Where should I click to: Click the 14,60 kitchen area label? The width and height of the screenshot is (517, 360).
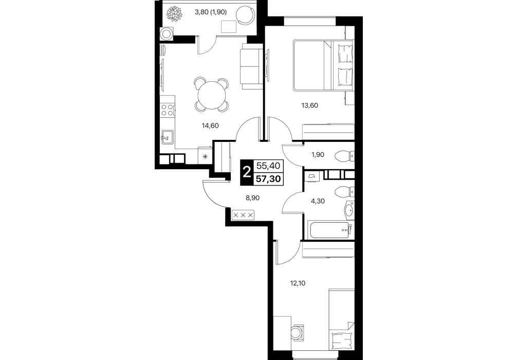point(210,125)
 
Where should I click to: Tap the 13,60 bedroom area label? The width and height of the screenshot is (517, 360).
point(309,105)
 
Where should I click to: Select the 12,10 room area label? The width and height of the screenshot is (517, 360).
point(298,283)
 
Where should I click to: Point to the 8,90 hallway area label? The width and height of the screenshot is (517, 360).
point(252,198)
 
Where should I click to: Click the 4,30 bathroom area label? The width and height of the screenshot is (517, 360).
point(318,201)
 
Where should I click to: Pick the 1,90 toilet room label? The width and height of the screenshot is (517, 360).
point(318,154)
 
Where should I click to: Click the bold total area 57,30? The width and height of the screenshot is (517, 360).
point(268,179)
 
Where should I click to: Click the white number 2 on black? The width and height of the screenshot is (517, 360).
point(246,172)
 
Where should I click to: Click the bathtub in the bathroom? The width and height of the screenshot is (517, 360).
point(330,230)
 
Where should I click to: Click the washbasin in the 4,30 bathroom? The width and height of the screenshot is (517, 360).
point(349,209)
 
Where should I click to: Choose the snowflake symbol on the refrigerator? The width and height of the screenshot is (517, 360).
point(205,156)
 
